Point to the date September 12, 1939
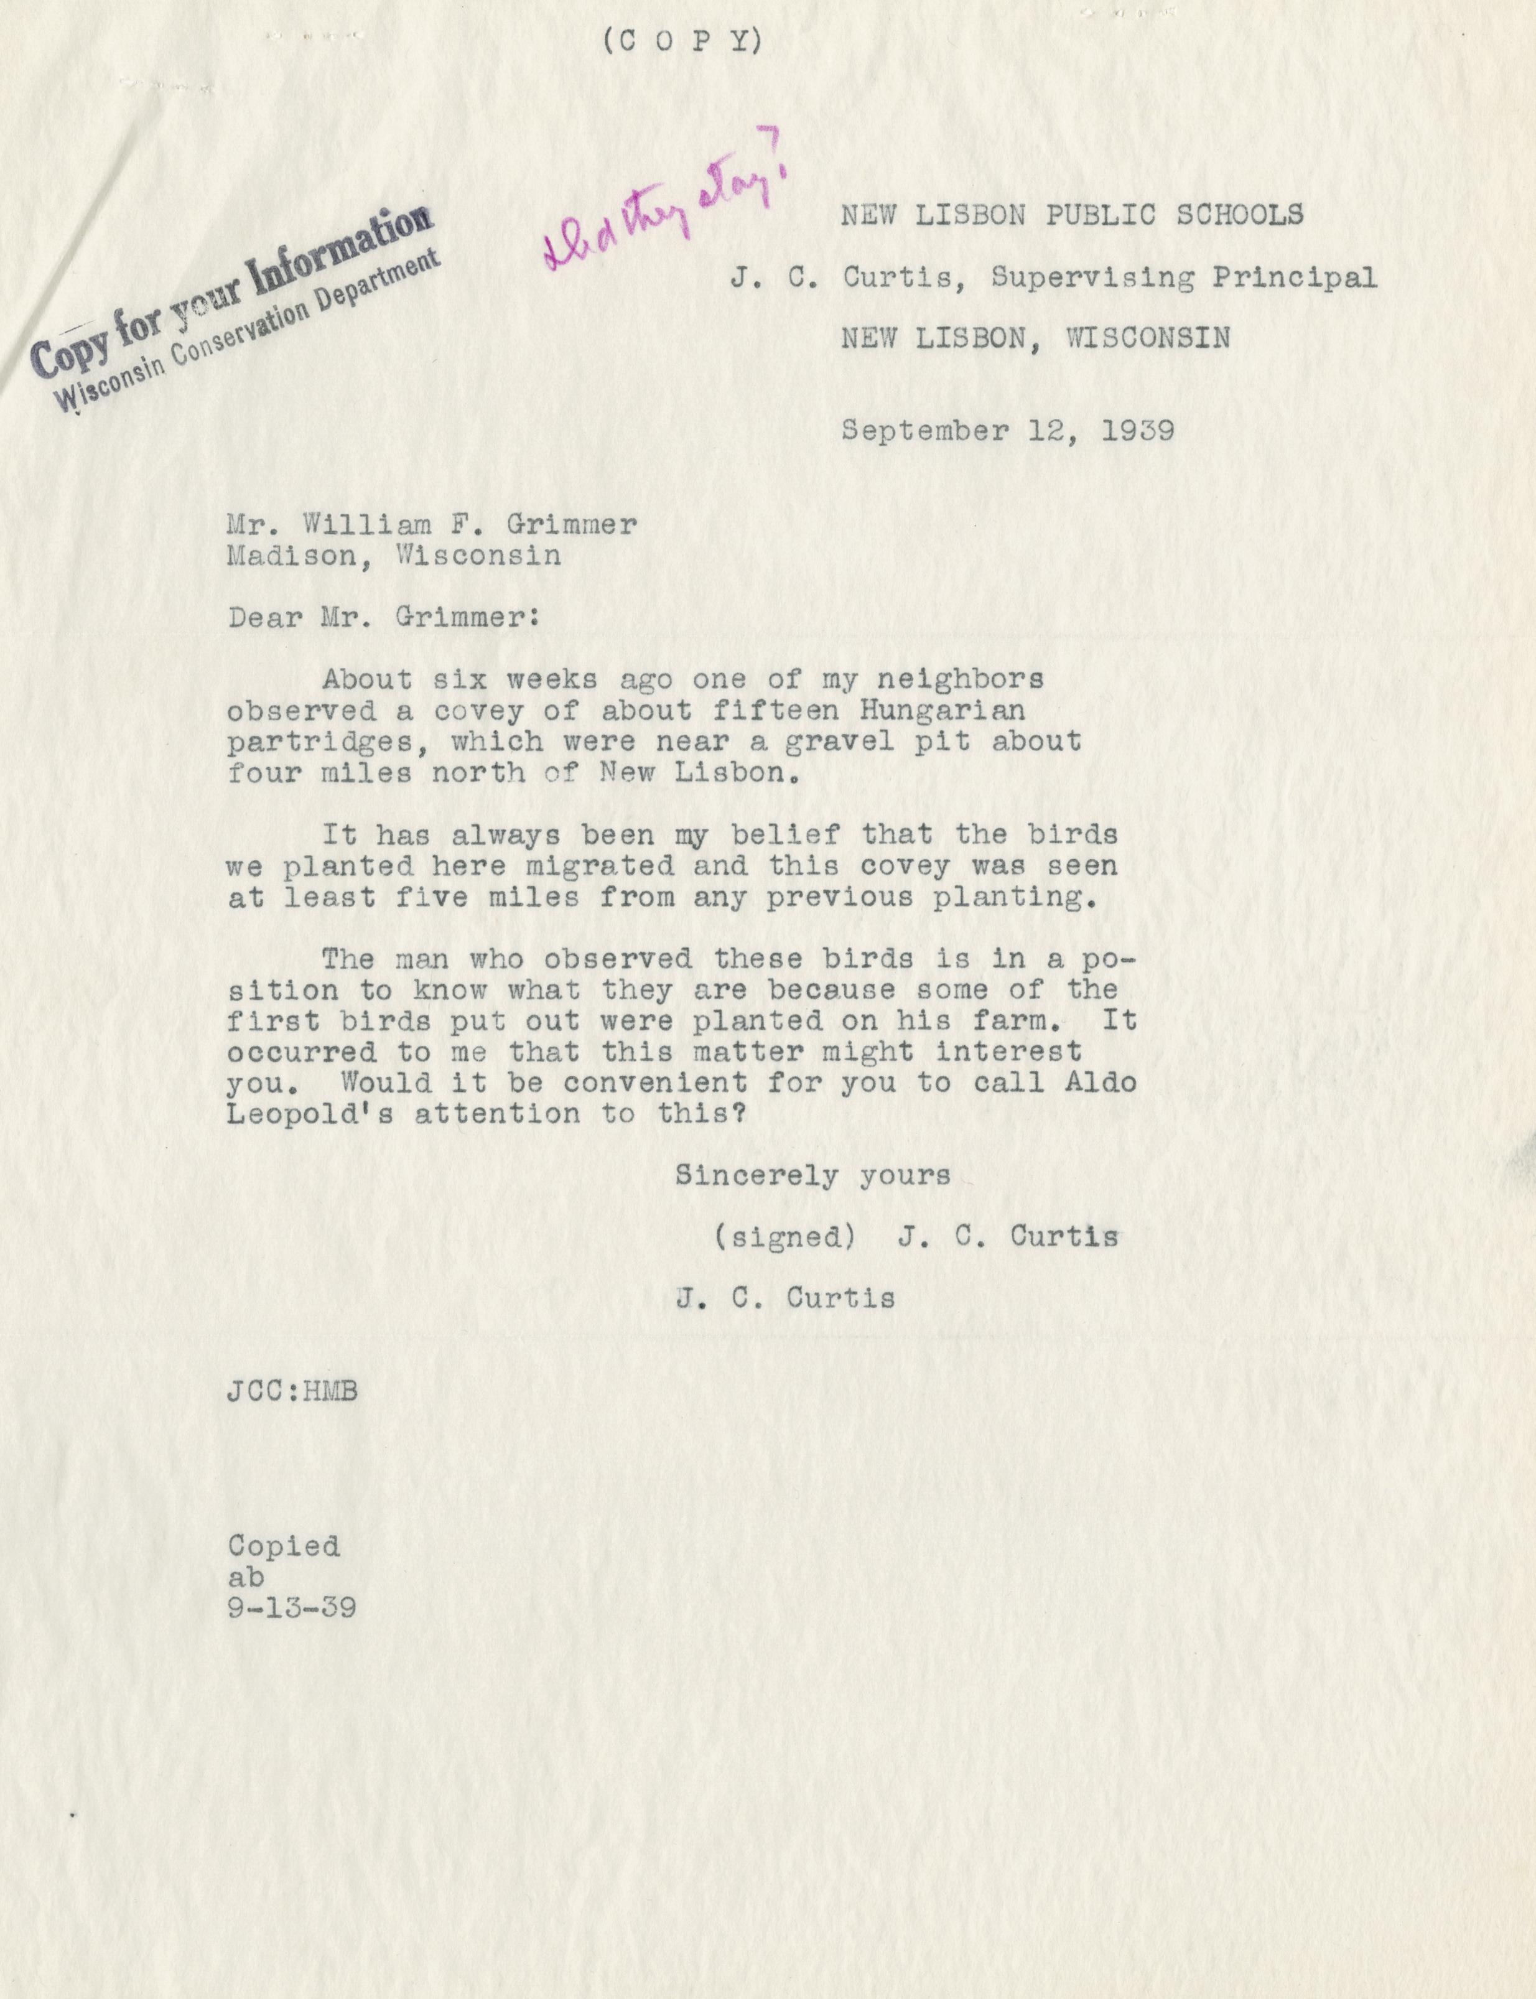coord(1008,430)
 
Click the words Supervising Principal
coord(1184,277)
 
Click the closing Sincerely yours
coord(813,1175)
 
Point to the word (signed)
coord(784,1237)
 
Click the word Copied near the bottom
coord(284,1546)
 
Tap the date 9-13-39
coord(292,1608)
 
